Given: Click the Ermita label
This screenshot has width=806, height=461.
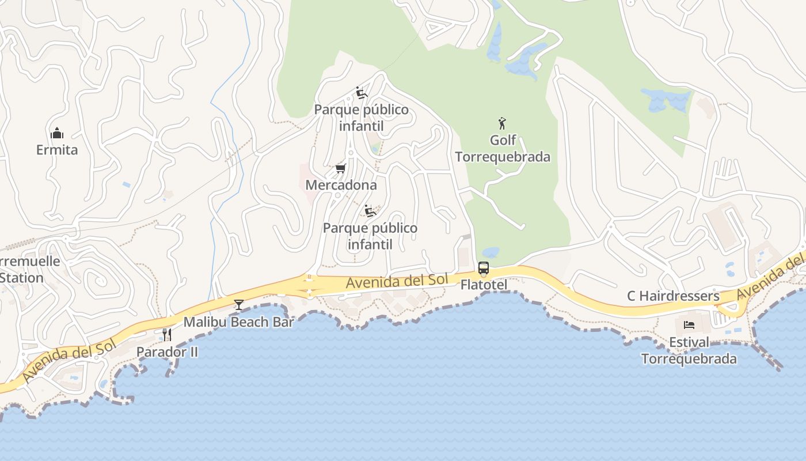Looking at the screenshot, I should click(56, 150).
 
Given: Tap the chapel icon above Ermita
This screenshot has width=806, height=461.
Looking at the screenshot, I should click(56, 134).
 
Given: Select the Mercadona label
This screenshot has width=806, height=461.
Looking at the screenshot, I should click(341, 185).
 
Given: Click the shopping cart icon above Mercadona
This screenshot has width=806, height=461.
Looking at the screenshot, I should click(340, 169).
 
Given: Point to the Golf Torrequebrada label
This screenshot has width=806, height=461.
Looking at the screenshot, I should click(503, 149).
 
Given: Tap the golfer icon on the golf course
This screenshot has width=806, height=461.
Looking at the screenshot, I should click(502, 123).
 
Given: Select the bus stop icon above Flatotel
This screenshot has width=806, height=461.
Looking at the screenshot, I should click(484, 268).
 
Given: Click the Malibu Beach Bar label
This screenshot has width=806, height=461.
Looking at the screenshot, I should click(238, 322).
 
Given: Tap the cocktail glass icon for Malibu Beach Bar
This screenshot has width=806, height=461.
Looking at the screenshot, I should click(239, 304).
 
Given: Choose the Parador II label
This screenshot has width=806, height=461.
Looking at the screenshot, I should click(167, 352).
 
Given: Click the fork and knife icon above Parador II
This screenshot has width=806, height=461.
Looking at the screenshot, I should click(167, 334).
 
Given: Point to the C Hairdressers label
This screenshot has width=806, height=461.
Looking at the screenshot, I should click(673, 296).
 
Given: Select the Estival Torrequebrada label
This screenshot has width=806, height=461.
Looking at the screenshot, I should click(689, 350).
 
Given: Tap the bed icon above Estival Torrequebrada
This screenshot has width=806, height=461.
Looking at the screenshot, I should click(689, 325).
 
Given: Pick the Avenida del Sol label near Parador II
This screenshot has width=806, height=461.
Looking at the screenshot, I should click(70, 360).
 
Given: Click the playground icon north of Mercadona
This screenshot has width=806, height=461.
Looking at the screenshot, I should click(361, 93).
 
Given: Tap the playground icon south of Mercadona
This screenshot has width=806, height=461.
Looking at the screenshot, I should click(370, 211).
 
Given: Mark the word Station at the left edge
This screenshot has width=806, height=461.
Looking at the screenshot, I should click(22, 278).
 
